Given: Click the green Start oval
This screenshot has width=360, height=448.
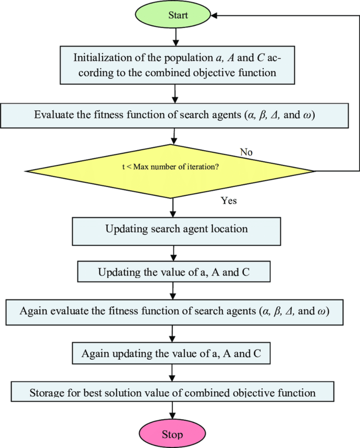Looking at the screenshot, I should click(x=178, y=15).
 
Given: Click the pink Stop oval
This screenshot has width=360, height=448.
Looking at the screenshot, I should click(x=172, y=434).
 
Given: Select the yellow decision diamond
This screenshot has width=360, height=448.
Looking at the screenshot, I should click(x=170, y=171).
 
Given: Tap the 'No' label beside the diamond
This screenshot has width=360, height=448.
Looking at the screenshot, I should click(x=246, y=152).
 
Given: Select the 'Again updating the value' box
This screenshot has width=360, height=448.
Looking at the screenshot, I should click(x=171, y=353).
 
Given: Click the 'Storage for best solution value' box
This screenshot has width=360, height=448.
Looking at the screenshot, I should click(x=172, y=392).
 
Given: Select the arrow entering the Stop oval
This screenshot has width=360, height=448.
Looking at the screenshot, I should click(x=172, y=411).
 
